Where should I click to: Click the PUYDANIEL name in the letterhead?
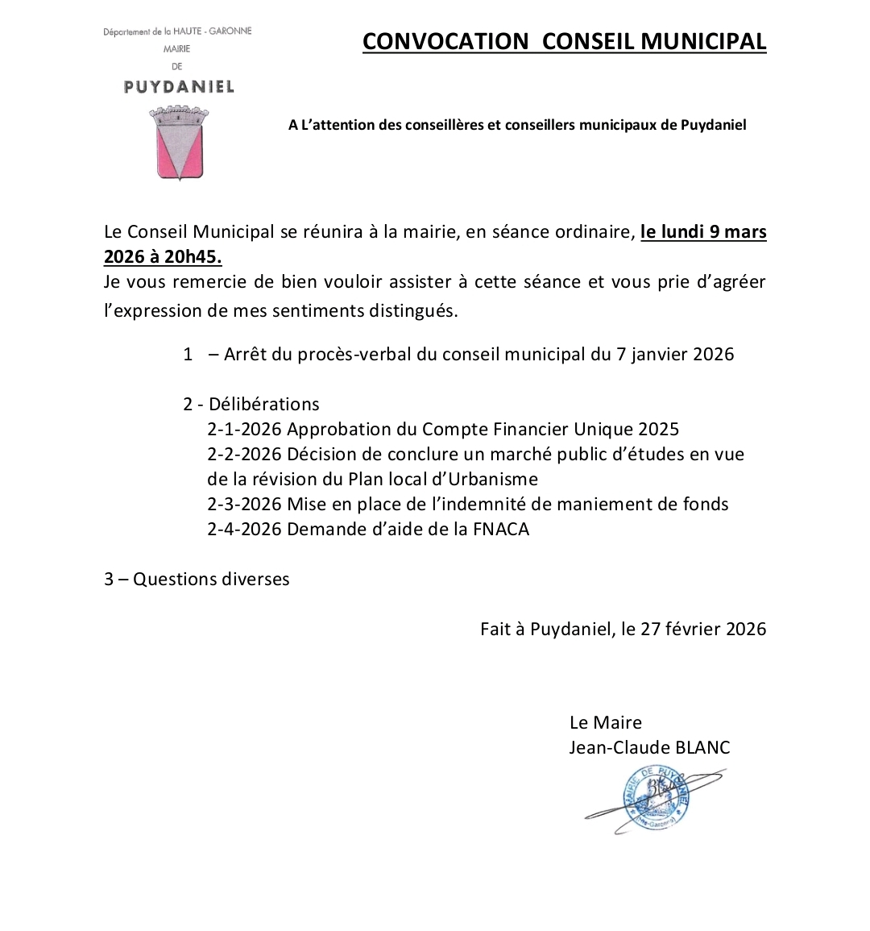[179, 86]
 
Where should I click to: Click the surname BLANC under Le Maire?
[701, 748]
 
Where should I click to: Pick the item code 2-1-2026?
[244, 429]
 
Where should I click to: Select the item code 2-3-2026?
[244, 504]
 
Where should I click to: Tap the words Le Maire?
[605, 722]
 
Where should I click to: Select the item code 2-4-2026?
[244, 529]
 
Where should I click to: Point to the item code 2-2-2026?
[244, 454]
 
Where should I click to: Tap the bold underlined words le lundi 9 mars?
[703, 232]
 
